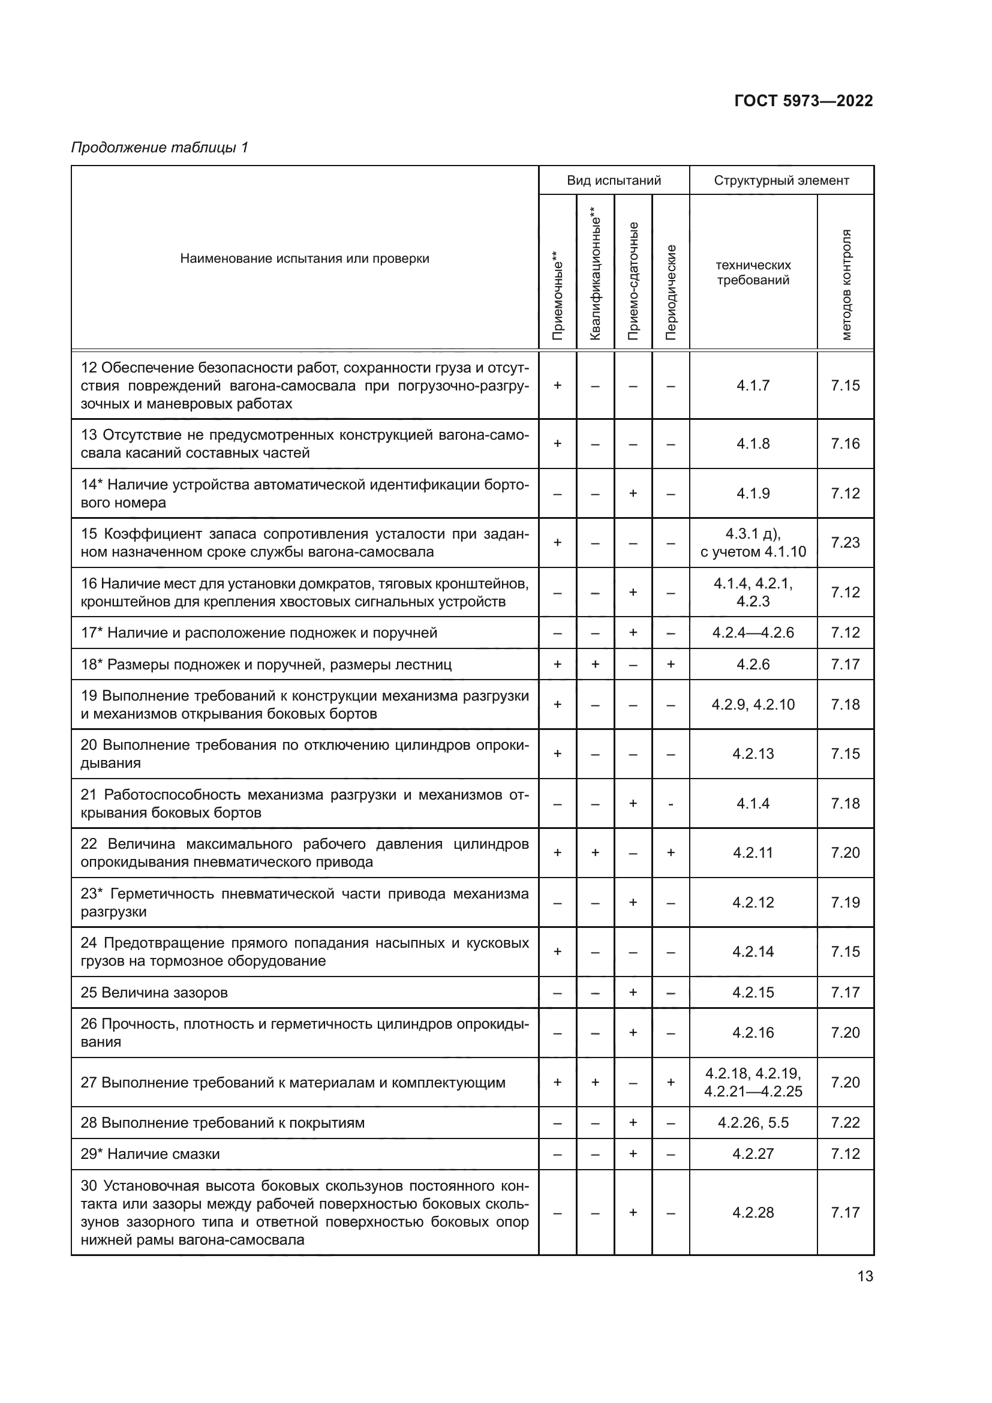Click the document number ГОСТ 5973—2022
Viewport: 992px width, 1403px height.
[802, 101]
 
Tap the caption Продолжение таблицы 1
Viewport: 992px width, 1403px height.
[160, 148]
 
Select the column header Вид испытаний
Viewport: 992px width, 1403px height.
[614, 181]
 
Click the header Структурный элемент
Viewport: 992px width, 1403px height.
[781, 181]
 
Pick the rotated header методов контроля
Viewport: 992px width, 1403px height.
[846, 285]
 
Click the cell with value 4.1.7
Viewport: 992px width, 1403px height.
[753, 386]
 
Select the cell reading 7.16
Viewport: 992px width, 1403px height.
[845, 444]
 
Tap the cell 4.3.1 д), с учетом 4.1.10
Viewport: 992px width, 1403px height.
[753, 543]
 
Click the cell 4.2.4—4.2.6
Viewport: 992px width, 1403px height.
[753, 632]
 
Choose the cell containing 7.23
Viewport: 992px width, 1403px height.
[845, 543]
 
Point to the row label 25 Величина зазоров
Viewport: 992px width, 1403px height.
[154, 992]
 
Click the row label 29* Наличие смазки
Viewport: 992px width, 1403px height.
[151, 1153]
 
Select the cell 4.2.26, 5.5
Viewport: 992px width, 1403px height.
[753, 1122]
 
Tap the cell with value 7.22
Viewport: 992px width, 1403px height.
[845, 1122]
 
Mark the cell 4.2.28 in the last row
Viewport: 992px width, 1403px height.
[753, 1212]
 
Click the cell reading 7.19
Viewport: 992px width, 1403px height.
[845, 903]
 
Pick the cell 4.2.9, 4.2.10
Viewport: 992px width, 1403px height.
[753, 705]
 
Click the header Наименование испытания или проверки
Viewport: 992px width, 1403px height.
[304, 259]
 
